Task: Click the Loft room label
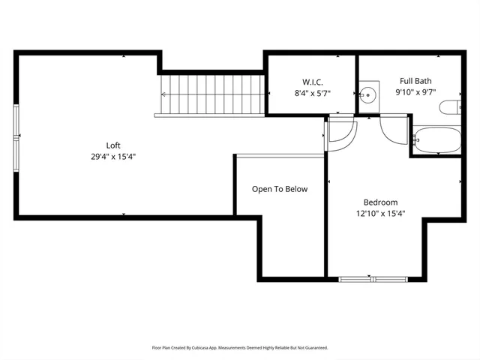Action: pyautogui.click(x=113, y=145)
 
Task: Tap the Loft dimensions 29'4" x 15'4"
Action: pyautogui.click(x=113, y=157)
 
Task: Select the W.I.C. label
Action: pyautogui.click(x=313, y=81)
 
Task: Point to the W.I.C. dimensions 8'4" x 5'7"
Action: pyautogui.click(x=313, y=93)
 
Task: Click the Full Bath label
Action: pyautogui.click(x=415, y=81)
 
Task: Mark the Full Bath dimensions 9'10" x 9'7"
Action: pyautogui.click(x=415, y=93)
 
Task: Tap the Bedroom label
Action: pyautogui.click(x=380, y=202)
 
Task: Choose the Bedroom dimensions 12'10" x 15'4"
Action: pyautogui.click(x=380, y=214)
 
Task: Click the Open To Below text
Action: pyautogui.click(x=280, y=189)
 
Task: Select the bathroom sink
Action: pyautogui.click(x=367, y=94)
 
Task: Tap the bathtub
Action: pyautogui.click(x=435, y=140)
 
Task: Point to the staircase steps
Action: pyautogui.click(x=214, y=94)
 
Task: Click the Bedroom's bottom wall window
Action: pyautogui.click(x=373, y=279)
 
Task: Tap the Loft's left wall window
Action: pyautogui.click(x=17, y=139)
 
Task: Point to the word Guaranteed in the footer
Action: pyautogui.click(x=313, y=348)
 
